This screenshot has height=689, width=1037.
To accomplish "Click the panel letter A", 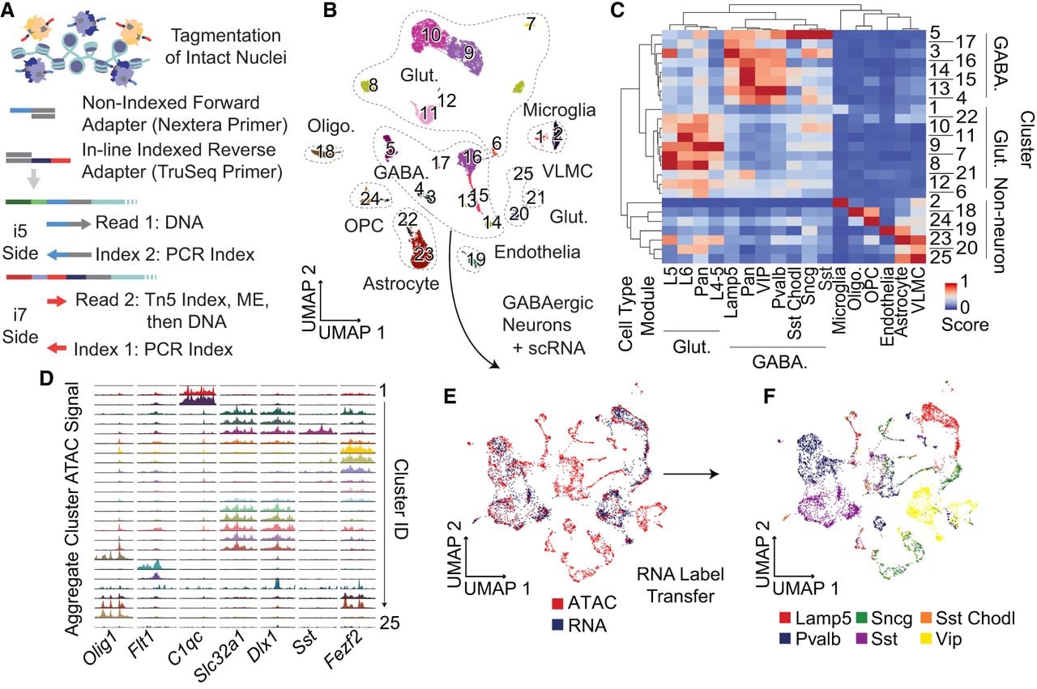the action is [7, 11].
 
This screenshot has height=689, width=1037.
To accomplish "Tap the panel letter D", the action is [47, 379].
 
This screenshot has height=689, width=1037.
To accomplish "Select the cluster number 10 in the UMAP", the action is [431, 35].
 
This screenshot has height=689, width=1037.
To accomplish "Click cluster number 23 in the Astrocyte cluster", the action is [424, 253].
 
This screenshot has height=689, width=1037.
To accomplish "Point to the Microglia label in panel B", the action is [559, 110].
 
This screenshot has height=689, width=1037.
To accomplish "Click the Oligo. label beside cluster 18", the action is [331, 125].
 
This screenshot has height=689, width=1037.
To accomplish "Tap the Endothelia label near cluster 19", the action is [537, 252].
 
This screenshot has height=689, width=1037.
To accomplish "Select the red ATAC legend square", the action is [557, 603].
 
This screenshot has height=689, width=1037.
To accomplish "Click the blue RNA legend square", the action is [557, 625].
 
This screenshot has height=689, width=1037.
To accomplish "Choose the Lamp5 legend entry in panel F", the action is [815, 619].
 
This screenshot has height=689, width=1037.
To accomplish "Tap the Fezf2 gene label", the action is [343, 651].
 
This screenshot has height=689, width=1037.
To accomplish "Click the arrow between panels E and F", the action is [691, 474].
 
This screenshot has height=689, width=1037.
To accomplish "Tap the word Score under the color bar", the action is [965, 325].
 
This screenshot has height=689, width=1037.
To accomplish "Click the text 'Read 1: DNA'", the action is [150, 223].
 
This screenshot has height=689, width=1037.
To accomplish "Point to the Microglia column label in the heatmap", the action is [839, 300].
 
